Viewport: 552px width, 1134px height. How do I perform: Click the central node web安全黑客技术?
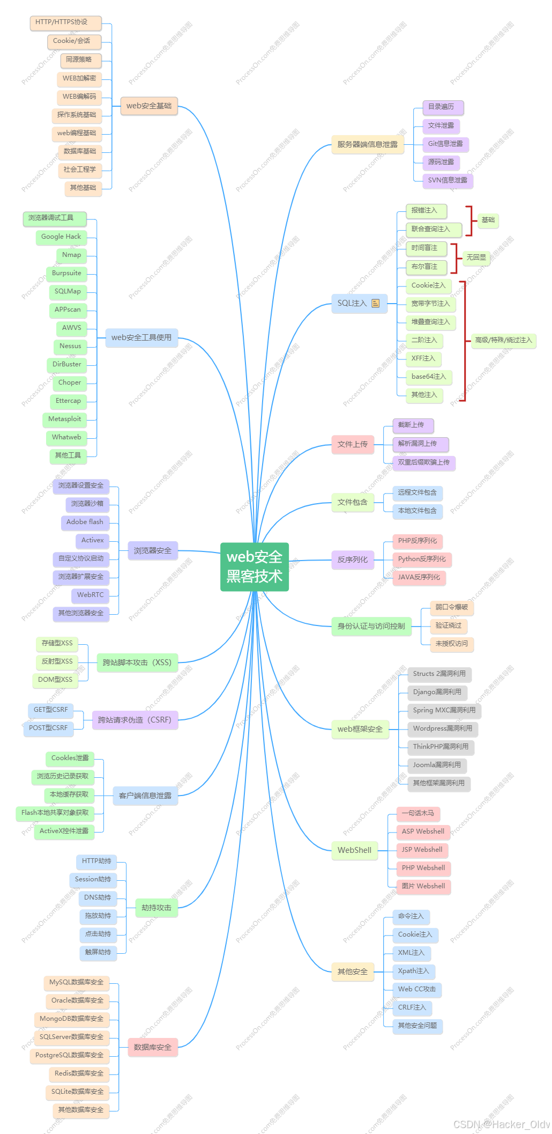[x=255, y=566]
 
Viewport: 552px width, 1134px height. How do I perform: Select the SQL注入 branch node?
[x=352, y=304]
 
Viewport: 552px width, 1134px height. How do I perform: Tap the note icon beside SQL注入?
[x=376, y=304]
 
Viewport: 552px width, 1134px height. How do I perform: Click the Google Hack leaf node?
[x=61, y=237]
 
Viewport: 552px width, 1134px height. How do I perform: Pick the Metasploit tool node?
[x=65, y=419]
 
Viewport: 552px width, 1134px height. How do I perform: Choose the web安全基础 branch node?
[x=149, y=106]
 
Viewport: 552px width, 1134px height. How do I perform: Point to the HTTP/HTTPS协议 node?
[x=62, y=23]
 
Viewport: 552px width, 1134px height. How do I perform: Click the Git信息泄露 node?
[x=445, y=144]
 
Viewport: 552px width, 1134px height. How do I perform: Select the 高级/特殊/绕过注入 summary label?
[x=504, y=340]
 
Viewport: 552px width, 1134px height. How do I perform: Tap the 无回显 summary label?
[x=476, y=257]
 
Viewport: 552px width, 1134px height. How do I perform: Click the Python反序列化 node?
[x=422, y=559]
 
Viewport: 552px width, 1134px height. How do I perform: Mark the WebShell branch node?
[x=354, y=850]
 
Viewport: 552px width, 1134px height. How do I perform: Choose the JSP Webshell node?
[x=422, y=850]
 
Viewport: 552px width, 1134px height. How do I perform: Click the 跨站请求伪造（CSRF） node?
[x=135, y=720]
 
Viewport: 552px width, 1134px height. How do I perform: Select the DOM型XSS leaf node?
[x=55, y=680]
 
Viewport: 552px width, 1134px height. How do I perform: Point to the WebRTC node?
[x=90, y=595]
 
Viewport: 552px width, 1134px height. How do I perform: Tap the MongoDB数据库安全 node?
[x=71, y=1019]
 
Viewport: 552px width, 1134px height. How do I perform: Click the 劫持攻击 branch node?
[x=156, y=908]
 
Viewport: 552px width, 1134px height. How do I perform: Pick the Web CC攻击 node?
[x=417, y=989]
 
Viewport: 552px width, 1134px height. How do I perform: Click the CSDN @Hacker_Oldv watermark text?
[x=501, y=1124]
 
